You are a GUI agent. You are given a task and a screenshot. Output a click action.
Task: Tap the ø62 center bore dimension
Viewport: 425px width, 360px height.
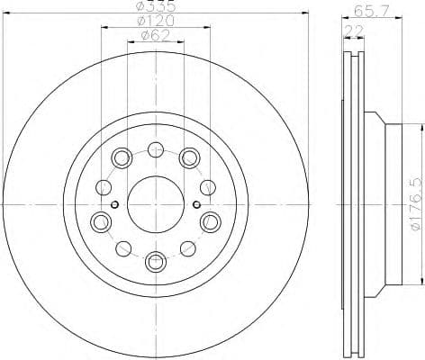[155, 36]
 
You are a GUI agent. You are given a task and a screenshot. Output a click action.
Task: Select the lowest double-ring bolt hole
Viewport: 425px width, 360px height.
[155, 262]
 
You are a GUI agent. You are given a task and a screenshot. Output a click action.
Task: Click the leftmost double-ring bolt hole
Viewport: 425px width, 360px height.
[99, 221]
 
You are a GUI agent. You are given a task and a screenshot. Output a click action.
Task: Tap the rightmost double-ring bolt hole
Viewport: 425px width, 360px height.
[211, 221]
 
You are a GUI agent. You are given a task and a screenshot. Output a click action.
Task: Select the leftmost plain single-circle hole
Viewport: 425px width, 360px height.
[104, 187]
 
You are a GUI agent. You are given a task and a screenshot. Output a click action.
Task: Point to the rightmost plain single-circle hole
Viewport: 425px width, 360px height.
[206, 187]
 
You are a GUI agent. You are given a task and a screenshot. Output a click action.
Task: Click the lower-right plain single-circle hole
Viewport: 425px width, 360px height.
[187, 247]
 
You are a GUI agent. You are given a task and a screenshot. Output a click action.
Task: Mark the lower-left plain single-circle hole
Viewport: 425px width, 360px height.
[123, 247]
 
